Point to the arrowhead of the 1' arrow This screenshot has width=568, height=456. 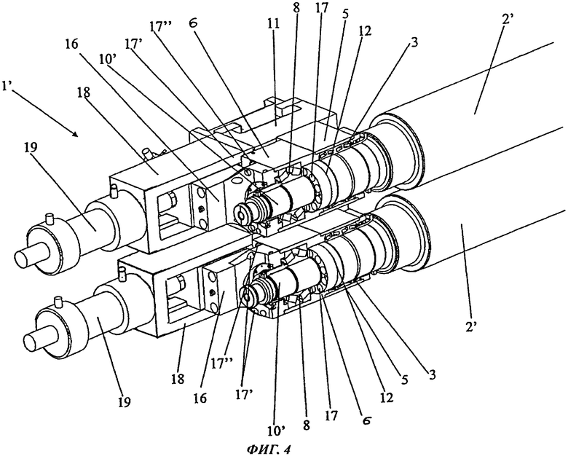pyautogui.click(x=75, y=135)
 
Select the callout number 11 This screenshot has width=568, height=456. pyautogui.click(x=274, y=24)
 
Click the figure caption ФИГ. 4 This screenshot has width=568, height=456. pyautogui.click(x=269, y=449)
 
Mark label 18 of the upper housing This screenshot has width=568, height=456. pyautogui.click(x=83, y=93)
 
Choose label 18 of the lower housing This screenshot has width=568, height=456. pyautogui.click(x=178, y=379)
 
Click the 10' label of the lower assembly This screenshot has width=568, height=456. pyautogui.click(x=276, y=431)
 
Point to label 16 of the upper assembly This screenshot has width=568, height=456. pyautogui.click(x=71, y=45)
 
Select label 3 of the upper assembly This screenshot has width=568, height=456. pyautogui.click(x=414, y=42)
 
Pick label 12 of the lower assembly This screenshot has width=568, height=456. pyautogui.click(x=386, y=398)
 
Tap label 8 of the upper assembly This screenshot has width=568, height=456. pyautogui.click(x=296, y=8)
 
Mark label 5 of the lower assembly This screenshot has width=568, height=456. pyautogui.click(x=404, y=380)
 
